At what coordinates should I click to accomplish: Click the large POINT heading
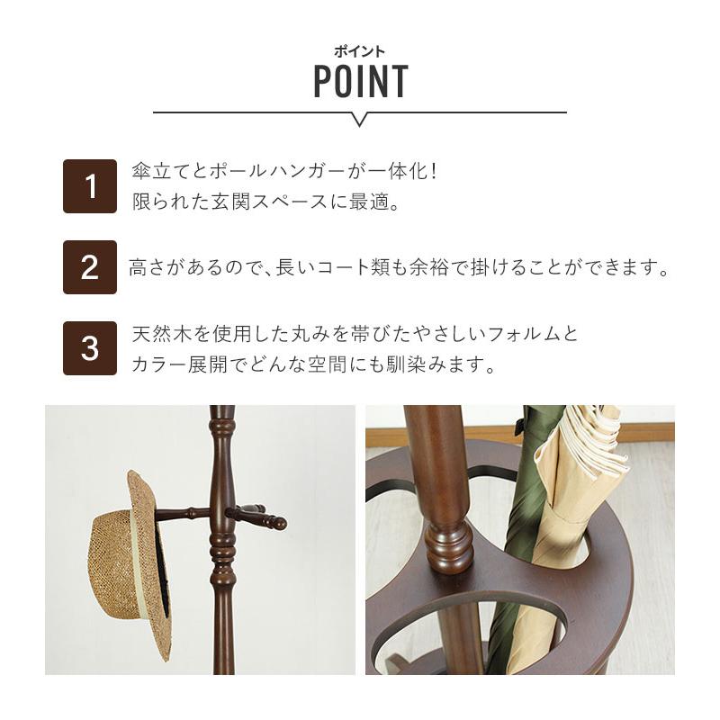(360, 82)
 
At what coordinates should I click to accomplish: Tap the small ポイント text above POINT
(360, 51)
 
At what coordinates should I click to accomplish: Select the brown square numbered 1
(90, 186)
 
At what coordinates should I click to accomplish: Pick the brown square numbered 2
(90, 267)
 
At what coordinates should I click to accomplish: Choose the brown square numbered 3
(90, 348)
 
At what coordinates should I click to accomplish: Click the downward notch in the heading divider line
(359, 119)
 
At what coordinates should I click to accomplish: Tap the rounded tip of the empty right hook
(281, 523)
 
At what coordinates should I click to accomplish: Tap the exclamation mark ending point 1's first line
(433, 171)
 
